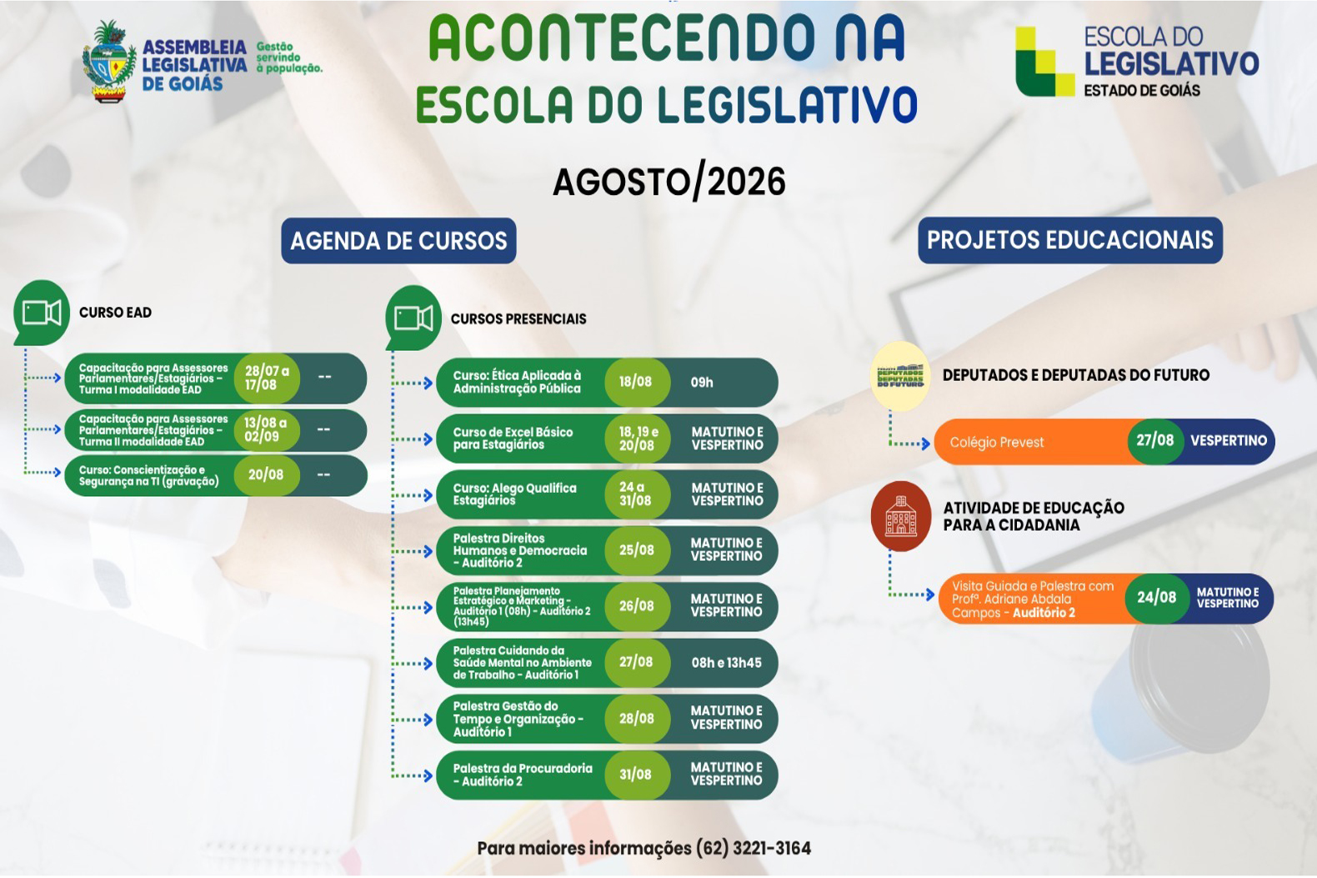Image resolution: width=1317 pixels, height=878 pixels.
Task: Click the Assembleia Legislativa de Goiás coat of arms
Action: (109, 63)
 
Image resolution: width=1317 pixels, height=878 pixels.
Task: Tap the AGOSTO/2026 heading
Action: (669, 183)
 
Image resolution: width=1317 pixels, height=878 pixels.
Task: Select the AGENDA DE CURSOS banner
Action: (398, 240)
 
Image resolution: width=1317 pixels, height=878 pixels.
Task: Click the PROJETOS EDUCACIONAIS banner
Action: (1070, 240)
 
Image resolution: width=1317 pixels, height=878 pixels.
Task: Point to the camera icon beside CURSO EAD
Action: (41, 313)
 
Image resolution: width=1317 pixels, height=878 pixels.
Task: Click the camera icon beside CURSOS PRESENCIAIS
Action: (413, 319)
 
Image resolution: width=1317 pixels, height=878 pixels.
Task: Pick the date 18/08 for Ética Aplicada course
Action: (635, 382)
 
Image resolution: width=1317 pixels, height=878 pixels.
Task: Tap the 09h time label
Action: (702, 382)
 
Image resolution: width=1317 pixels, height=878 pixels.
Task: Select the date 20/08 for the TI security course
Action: (266, 474)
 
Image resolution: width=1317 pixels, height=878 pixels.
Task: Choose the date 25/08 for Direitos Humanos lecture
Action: (636, 549)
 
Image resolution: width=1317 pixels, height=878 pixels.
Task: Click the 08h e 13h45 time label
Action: (726, 663)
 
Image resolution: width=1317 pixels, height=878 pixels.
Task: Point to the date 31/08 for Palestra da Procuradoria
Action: (635, 775)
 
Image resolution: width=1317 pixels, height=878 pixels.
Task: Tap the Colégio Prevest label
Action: (997, 442)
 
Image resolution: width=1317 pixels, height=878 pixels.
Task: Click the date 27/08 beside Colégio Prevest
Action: (1154, 440)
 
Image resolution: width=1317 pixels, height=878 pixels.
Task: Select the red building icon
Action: (901, 516)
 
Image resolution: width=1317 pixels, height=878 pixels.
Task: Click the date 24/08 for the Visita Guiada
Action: (1156, 598)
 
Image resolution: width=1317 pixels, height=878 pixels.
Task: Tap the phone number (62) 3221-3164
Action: (754, 848)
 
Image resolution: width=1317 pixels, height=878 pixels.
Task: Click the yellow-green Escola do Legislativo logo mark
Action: (1044, 61)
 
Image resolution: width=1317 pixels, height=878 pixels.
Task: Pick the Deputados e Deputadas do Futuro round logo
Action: (900, 376)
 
